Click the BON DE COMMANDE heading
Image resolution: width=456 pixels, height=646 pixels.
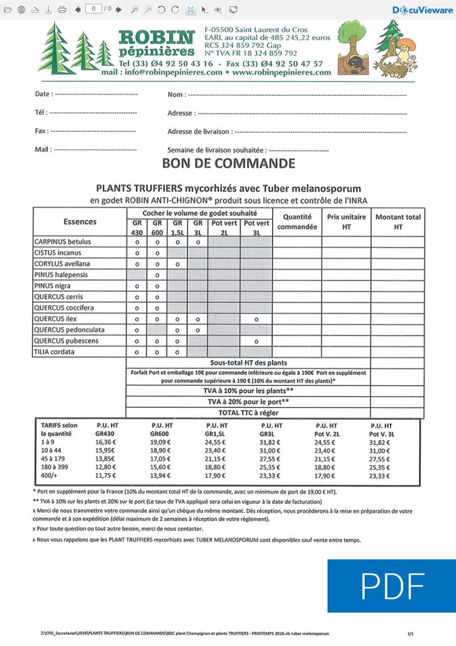(228, 164)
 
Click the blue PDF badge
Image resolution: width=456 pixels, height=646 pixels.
(391, 586)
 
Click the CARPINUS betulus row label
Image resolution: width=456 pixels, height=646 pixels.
(62, 242)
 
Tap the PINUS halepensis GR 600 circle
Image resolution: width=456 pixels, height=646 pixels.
(156, 275)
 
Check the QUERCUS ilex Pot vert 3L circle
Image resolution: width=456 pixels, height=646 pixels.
(256, 319)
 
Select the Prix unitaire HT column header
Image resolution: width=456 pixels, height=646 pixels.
(346, 221)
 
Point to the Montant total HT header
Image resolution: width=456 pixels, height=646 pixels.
(397, 221)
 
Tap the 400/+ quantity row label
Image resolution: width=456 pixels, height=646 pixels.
(50, 476)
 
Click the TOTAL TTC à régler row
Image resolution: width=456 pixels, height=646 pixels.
(248, 413)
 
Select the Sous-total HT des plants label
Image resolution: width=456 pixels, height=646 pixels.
(248, 363)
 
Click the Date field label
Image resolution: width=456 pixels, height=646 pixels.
(43, 94)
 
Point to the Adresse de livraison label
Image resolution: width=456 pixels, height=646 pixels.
(199, 132)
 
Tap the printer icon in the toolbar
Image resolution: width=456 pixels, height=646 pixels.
(61, 9)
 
